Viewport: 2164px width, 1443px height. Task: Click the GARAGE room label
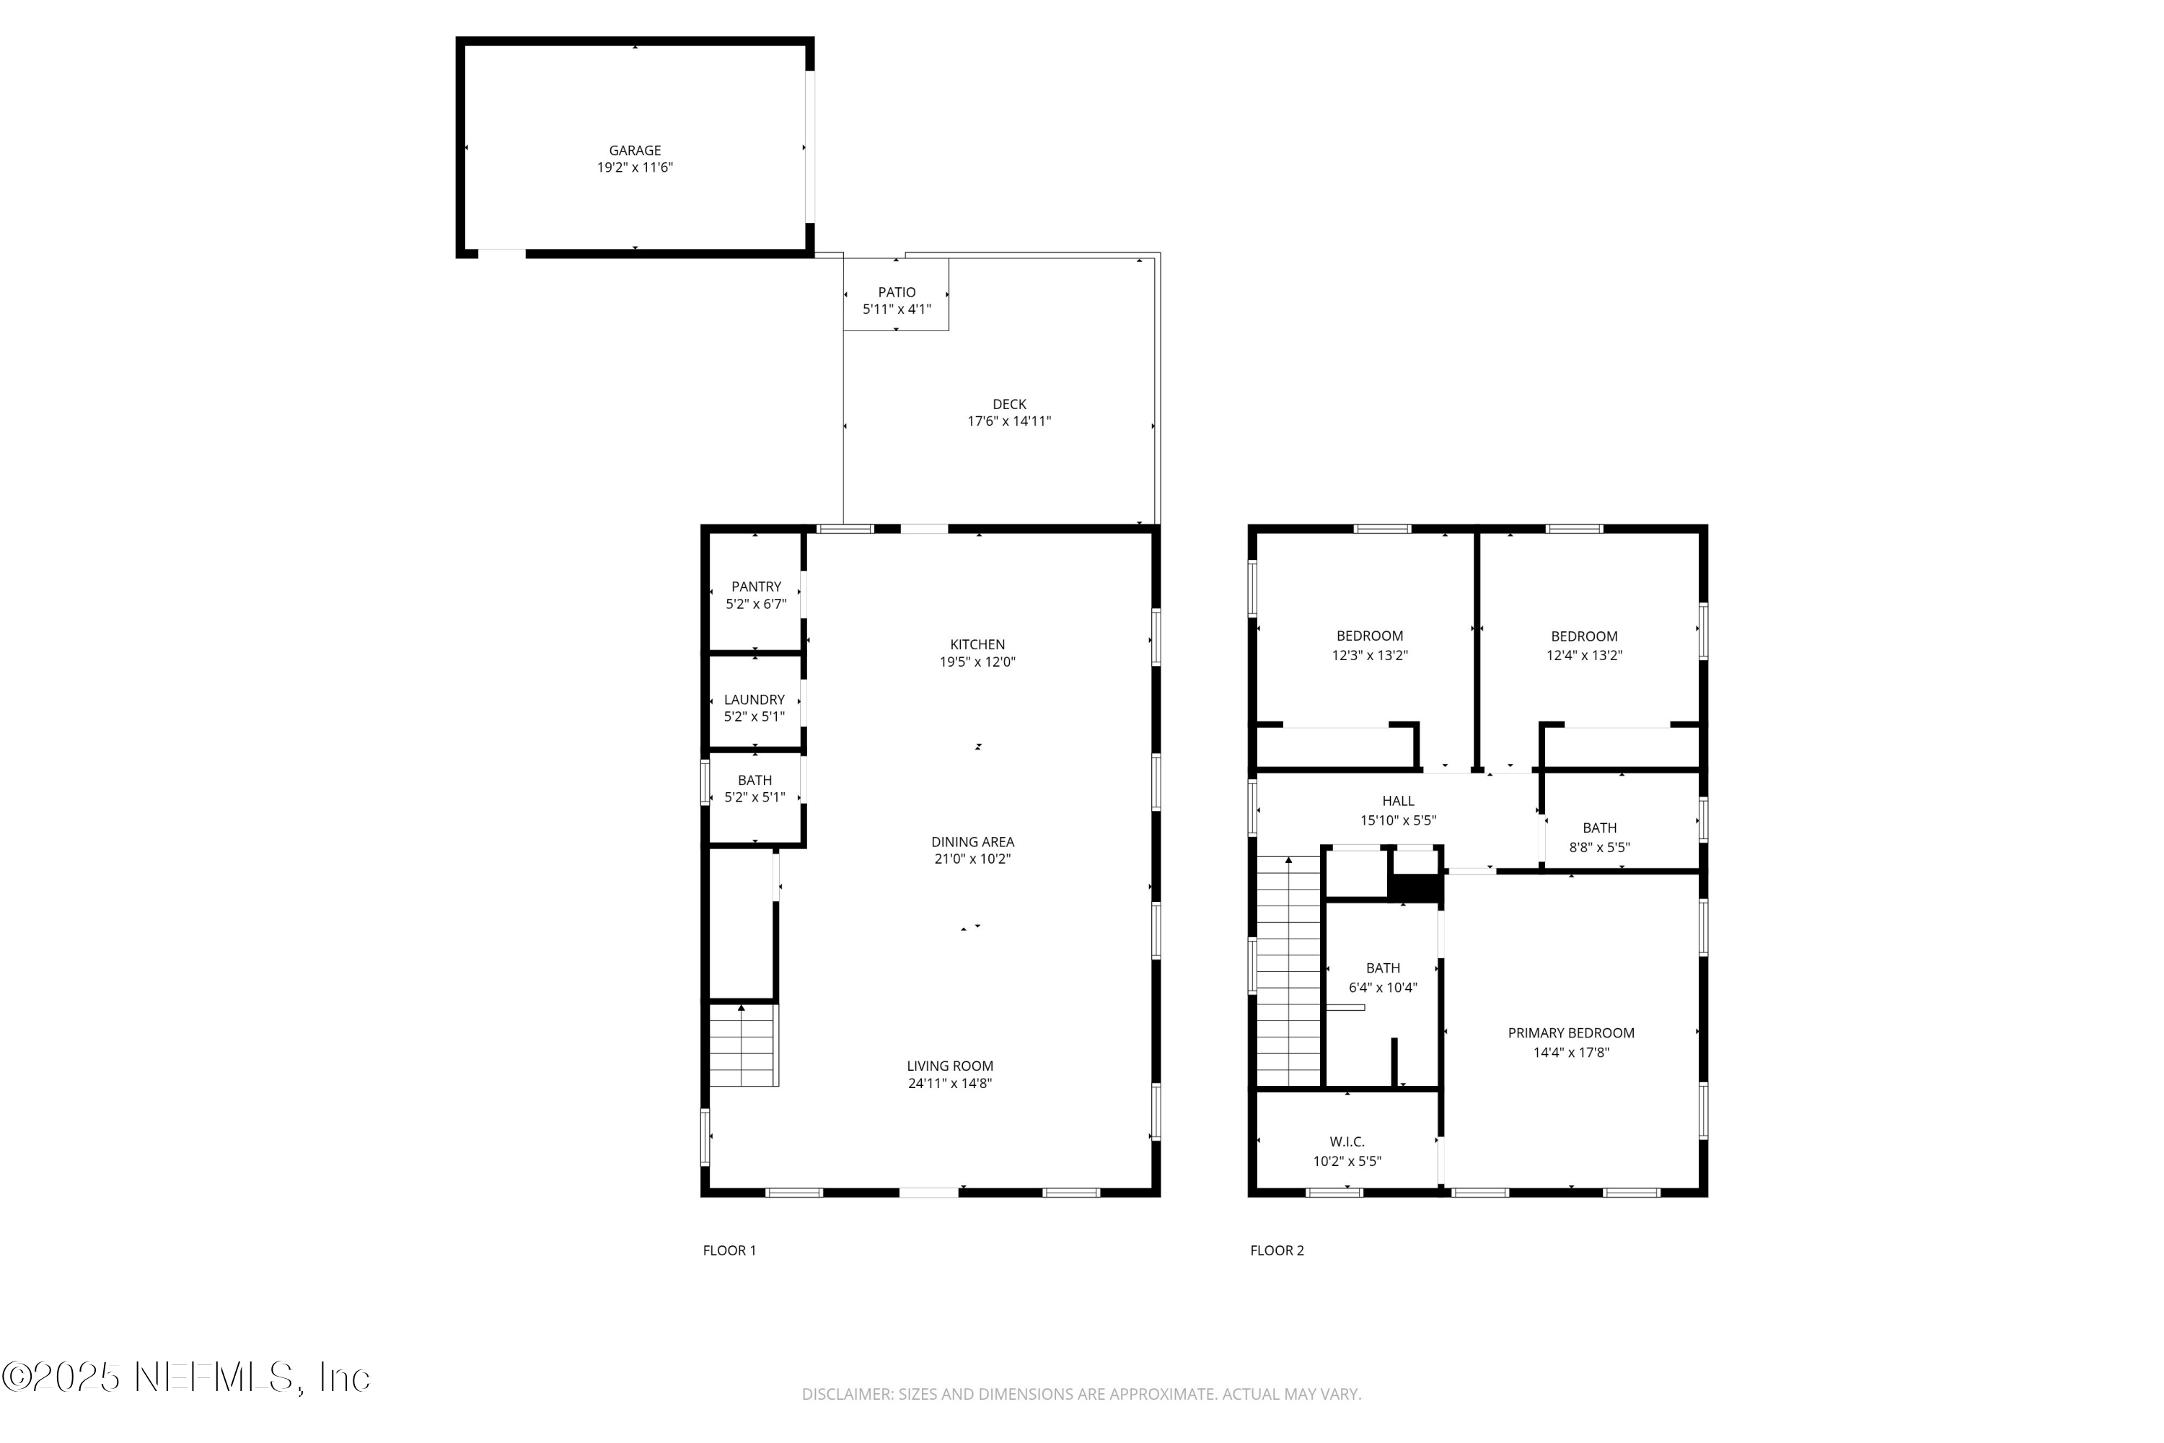pos(635,150)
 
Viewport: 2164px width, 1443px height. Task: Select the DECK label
pos(1009,404)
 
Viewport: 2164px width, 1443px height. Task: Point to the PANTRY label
pos(756,586)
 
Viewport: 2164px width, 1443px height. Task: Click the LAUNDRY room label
pos(755,699)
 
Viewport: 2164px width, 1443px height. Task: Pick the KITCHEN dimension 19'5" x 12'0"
pos(977,662)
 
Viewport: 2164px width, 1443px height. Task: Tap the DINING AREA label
pos(972,841)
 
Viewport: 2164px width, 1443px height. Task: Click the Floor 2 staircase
pos(1289,972)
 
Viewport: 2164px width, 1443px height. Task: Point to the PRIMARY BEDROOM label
pos(1570,1032)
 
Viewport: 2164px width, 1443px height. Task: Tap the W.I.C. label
pos(1347,1141)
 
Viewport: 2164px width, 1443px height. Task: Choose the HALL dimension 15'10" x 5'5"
pos(1398,820)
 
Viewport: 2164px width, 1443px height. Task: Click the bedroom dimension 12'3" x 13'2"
pos(1369,655)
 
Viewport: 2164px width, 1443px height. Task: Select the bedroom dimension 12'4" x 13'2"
pos(1583,655)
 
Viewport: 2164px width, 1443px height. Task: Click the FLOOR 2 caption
pos(1276,1250)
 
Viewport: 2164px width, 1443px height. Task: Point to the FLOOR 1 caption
pos(729,1250)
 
